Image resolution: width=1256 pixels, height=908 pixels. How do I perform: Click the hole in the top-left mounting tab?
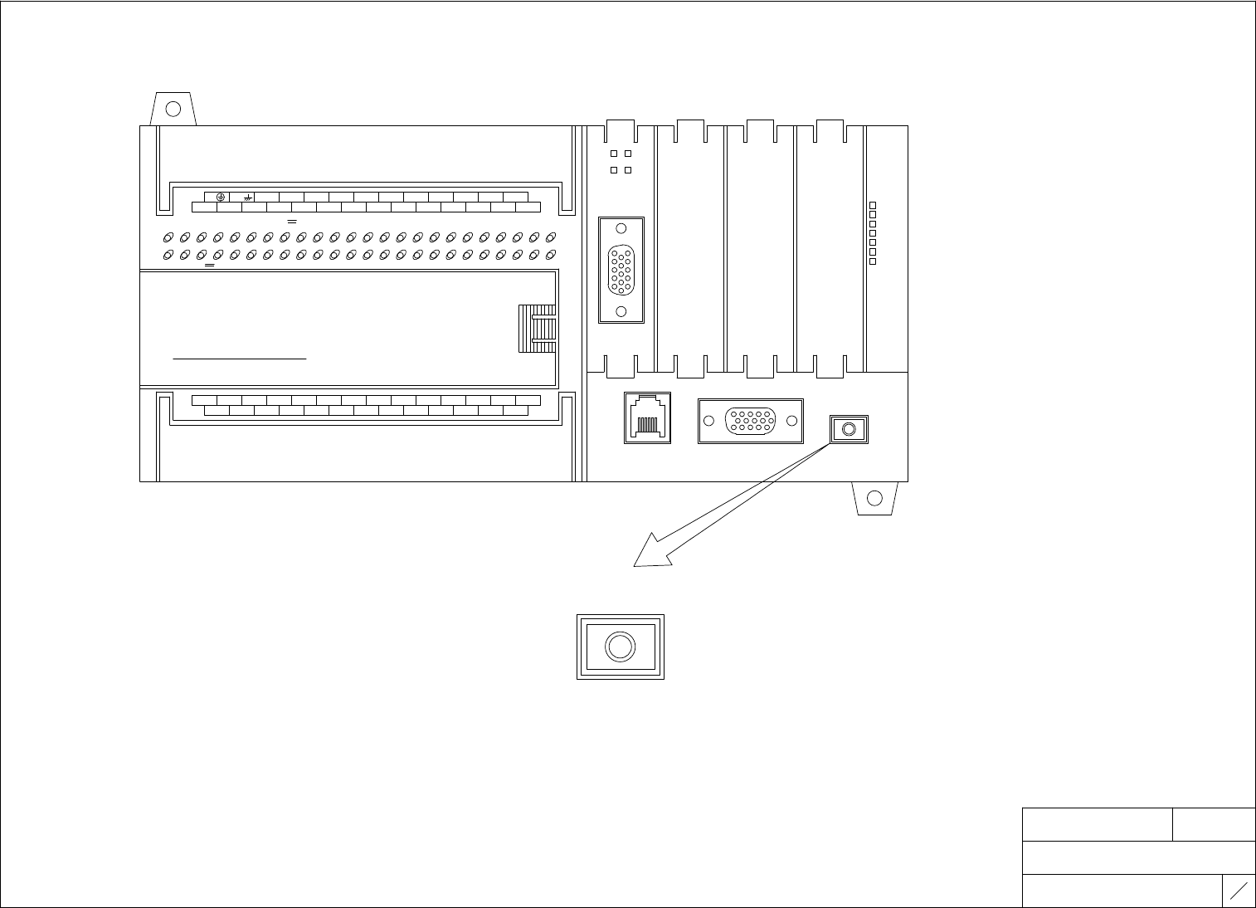point(173,109)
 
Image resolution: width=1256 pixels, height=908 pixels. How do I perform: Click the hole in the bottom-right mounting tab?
point(874,498)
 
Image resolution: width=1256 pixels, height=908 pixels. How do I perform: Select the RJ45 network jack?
point(646,417)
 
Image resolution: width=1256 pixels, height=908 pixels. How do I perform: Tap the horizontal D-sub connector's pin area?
point(751,421)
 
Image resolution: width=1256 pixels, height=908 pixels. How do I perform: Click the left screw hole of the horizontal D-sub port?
point(708,421)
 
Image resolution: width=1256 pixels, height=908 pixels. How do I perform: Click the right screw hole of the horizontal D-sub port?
point(792,421)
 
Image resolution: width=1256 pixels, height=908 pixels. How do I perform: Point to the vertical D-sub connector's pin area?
point(621,271)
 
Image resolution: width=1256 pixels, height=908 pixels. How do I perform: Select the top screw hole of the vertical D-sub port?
point(621,230)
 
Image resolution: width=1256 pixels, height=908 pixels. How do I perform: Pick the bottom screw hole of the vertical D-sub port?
point(621,311)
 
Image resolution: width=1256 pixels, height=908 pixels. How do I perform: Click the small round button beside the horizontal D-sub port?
point(849,429)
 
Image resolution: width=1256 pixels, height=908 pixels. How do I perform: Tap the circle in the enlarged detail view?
point(621,647)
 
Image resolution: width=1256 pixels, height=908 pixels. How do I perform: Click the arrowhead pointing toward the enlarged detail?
point(651,554)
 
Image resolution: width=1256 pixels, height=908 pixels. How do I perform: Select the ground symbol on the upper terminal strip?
point(221,197)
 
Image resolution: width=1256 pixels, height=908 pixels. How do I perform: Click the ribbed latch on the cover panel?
point(537,329)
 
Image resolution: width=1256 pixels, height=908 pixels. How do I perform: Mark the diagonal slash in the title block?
point(1239,891)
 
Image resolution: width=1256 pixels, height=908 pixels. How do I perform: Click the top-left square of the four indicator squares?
point(614,154)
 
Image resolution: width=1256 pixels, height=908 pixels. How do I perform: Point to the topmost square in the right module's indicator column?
point(873,204)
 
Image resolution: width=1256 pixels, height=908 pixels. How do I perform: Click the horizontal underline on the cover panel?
point(240,359)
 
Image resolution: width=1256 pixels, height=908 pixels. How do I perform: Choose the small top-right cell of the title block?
point(1214,824)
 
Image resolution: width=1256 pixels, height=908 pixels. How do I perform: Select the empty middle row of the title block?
point(1138,857)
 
